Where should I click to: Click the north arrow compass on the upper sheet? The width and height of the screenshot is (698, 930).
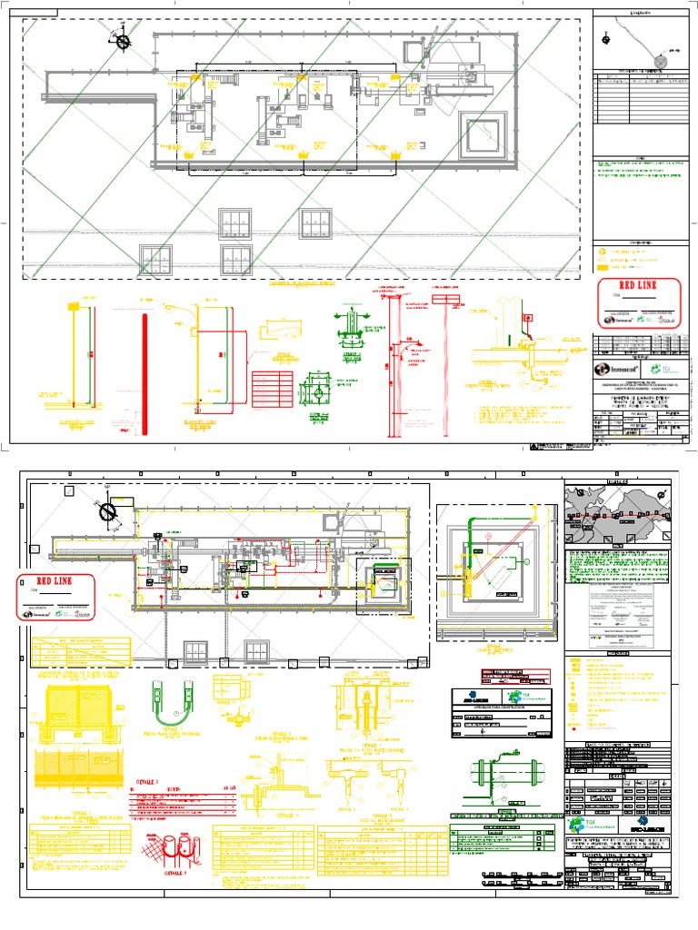[122, 39]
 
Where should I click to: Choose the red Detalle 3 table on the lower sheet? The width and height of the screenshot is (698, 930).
[186, 799]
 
